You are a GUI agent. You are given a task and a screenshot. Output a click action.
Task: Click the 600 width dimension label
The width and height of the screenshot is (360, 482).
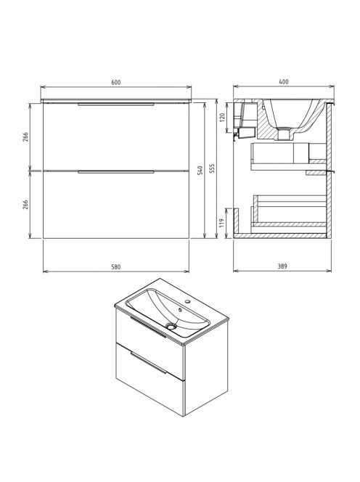(116, 82)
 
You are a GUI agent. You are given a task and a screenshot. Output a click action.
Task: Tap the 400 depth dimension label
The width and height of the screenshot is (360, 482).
(284, 82)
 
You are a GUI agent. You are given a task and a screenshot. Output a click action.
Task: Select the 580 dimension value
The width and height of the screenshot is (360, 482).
(116, 267)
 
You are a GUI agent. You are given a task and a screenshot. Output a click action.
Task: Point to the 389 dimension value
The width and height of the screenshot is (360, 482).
(282, 266)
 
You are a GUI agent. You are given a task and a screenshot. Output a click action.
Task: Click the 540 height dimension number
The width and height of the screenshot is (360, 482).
(200, 171)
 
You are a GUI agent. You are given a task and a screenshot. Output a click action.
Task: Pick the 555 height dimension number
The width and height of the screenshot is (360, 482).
(211, 168)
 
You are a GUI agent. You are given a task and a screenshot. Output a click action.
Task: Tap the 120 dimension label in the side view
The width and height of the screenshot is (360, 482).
(223, 118)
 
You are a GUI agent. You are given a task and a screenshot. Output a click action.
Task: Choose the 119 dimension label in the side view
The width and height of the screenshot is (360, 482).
(223, 223)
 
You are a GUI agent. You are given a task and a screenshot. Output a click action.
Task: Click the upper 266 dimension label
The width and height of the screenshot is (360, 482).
(25, 136)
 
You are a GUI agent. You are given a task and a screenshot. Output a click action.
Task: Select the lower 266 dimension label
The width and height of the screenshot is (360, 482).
(25, 205)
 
